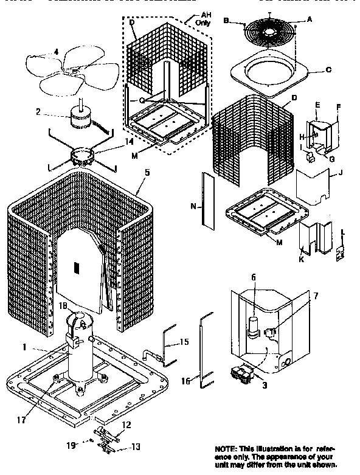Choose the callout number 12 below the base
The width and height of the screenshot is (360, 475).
[127, 425]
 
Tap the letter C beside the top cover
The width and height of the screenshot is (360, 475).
[328, 70]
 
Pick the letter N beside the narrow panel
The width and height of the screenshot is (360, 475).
[193, 206]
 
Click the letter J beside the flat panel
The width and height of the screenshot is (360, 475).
[341, 173]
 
